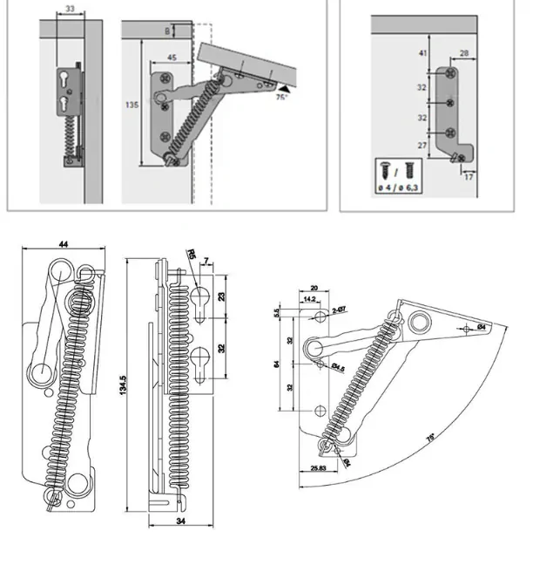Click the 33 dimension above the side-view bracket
point(70,10)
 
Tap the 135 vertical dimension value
point(133,105)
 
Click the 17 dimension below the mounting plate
point(470,178)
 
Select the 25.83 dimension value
point(318,469)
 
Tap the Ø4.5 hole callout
point(337,369)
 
